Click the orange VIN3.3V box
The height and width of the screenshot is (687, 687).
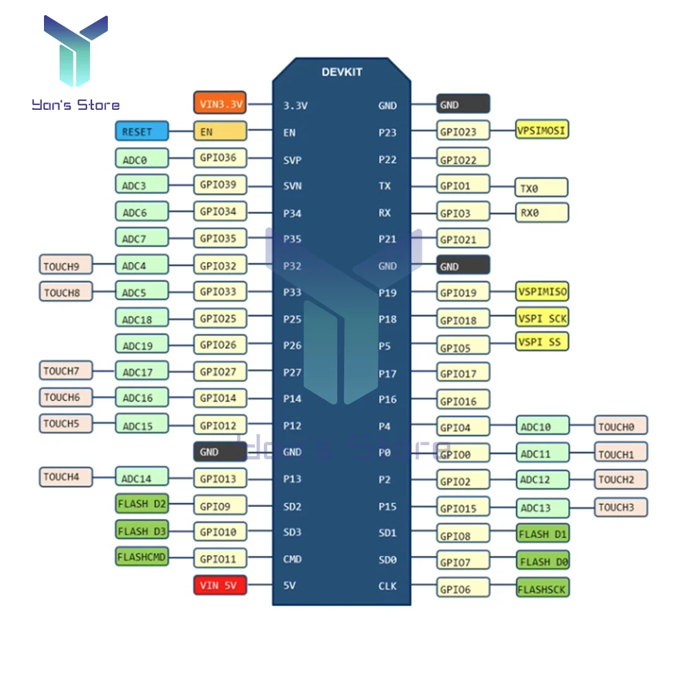[219, 104]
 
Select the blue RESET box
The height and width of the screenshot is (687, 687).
[142, 131]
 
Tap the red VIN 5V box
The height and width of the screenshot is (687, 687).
[219, 586]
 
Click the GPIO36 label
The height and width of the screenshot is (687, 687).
[219, 158]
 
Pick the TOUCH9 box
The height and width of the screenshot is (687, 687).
[66, 265]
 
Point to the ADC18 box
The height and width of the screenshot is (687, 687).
[142, 318]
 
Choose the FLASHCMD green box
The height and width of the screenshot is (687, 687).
[142, 557]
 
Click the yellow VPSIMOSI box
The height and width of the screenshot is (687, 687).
[542, 129]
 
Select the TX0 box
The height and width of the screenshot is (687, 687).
[542, 187]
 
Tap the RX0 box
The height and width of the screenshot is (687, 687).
[542, 212]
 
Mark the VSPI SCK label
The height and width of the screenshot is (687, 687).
[542, 317]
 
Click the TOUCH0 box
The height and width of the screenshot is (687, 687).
[620, 426]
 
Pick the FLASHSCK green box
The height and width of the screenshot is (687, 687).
[543, 587]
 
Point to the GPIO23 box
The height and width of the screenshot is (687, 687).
[464, 132]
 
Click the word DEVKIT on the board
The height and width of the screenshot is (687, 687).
[341, 72]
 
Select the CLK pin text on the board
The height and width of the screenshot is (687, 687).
[387, 586]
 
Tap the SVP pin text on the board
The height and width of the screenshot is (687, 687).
[292, 160]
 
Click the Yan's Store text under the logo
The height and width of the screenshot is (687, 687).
[76, 105]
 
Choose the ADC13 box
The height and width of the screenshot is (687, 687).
[543, 508]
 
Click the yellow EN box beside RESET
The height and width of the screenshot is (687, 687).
[219, 131]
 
